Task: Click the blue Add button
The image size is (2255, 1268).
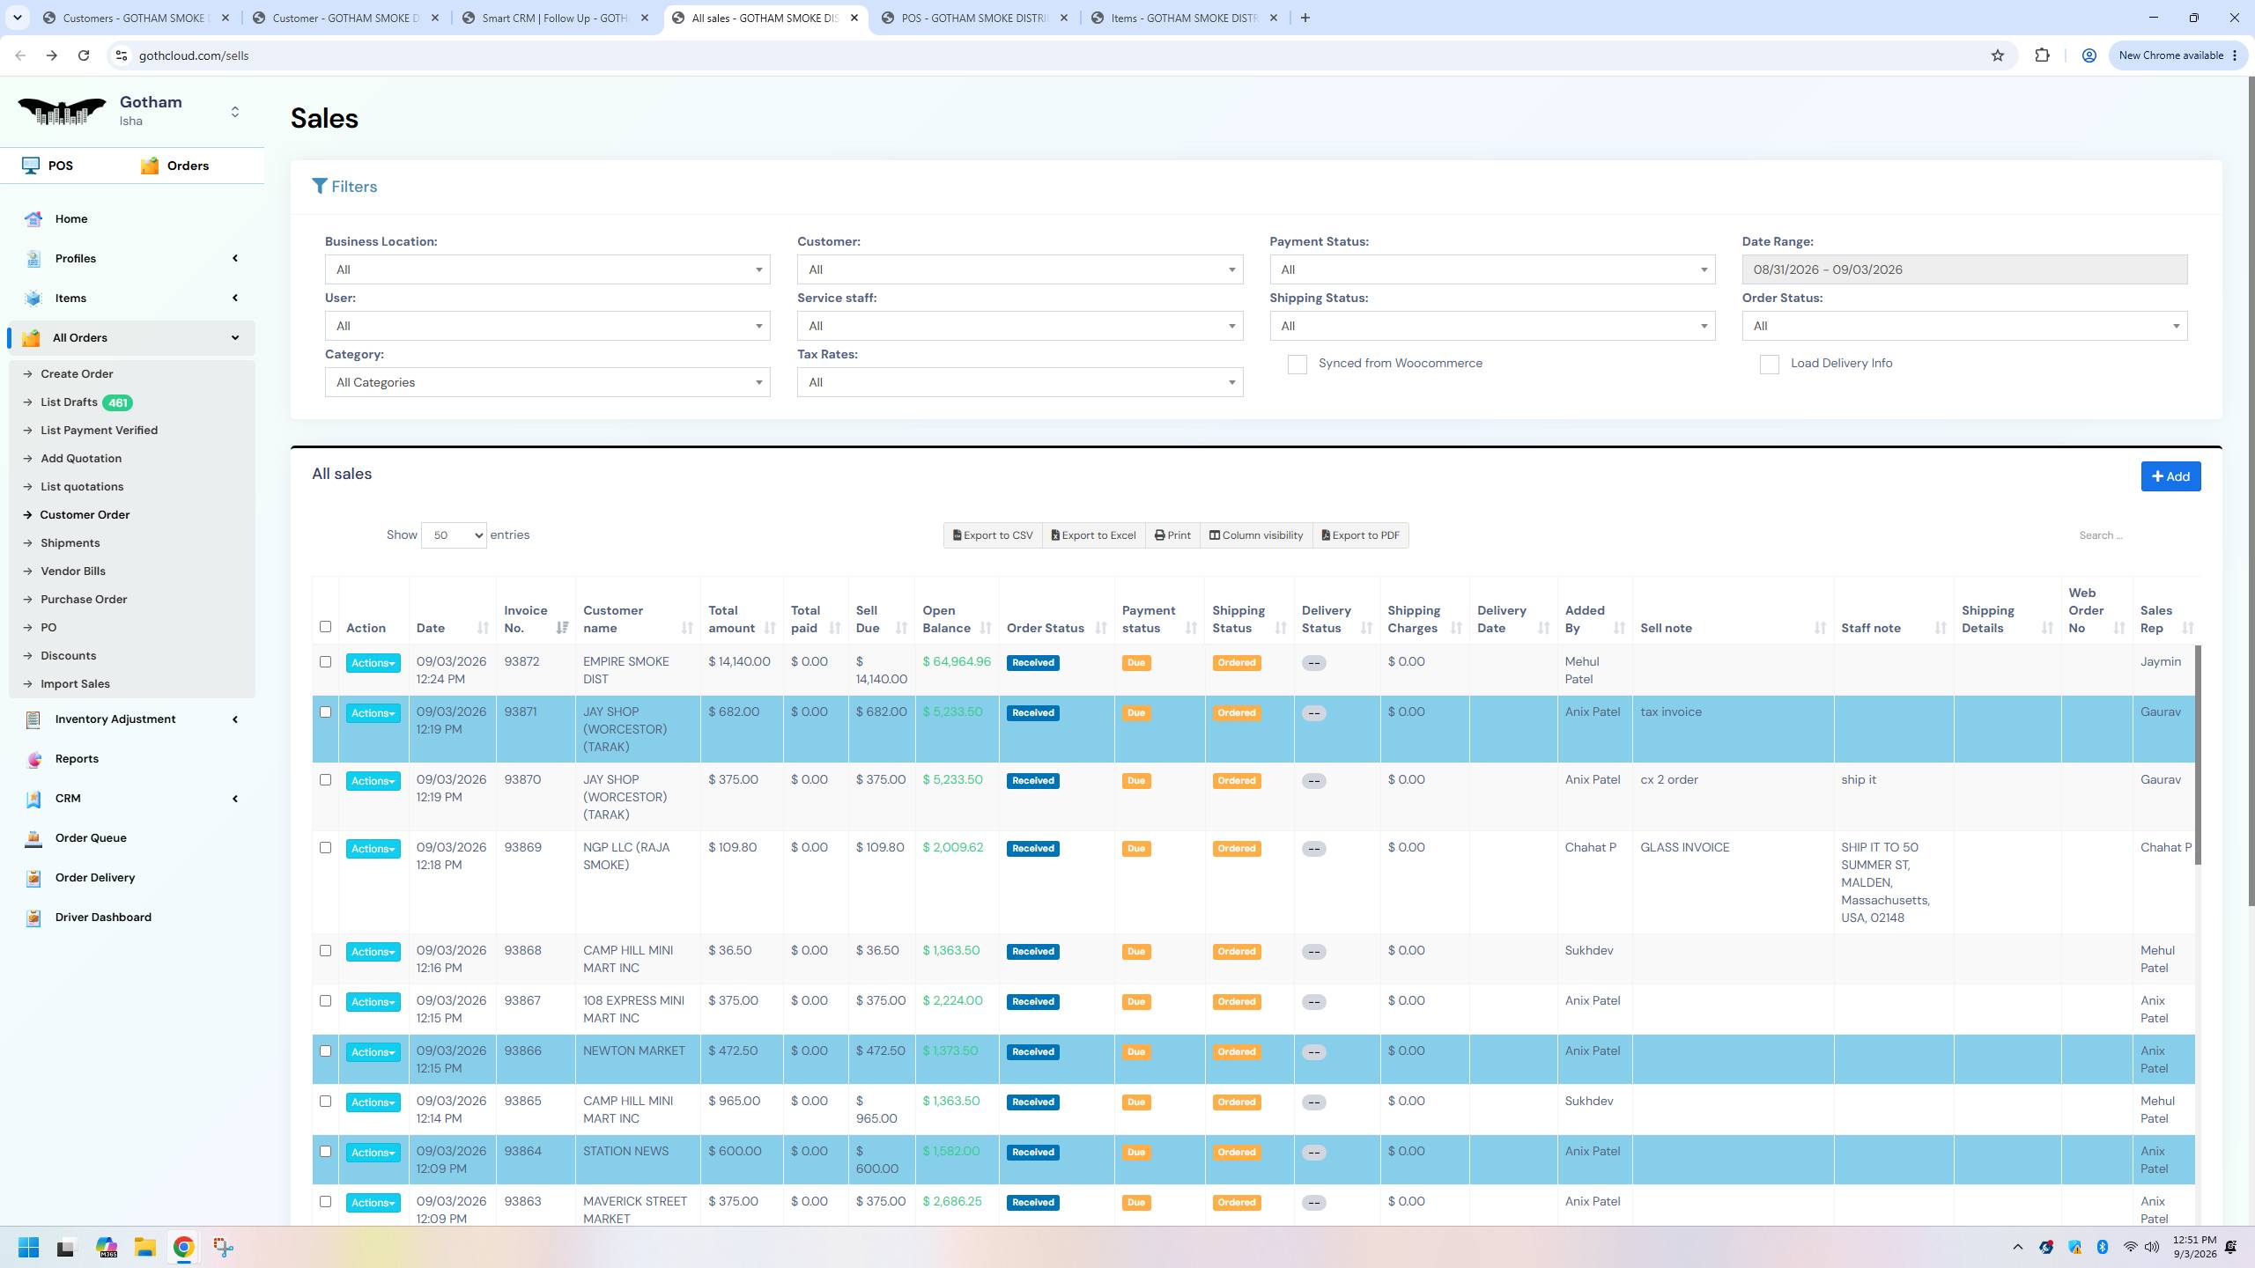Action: click(x=2170, y=476)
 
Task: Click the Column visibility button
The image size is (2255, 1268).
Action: click(x=1255, y=535)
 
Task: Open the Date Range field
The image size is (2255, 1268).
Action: click(x=1964, y=269)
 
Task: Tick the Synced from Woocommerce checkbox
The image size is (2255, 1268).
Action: click(x=1297, y=365)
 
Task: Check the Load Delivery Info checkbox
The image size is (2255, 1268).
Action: click(x=1769, y=365)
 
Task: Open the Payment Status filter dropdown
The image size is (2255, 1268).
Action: click(x=1492, y=269)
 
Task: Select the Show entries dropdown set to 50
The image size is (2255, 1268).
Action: click(x=454, y=535)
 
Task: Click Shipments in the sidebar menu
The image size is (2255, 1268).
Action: click(x=70, y=542)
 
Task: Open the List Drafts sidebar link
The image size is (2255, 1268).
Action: click(x=69, y=402)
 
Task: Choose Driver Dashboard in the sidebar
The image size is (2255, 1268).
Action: click(x=103, y=917)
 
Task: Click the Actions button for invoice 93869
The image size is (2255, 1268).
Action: click(x=373, y=849)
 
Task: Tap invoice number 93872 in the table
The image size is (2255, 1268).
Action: click(x=521, y=662)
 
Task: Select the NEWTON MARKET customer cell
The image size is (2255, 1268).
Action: click(x=634, y=1051)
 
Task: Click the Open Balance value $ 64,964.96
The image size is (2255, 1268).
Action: click(x=957, y=662)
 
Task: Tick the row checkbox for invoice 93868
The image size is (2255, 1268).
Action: click(x=325, y=951)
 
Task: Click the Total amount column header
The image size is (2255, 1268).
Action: click(x=731, y=619)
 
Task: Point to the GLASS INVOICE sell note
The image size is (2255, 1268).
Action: click(x=1684, y=847)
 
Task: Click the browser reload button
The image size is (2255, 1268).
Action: click(x=84, y=55)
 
